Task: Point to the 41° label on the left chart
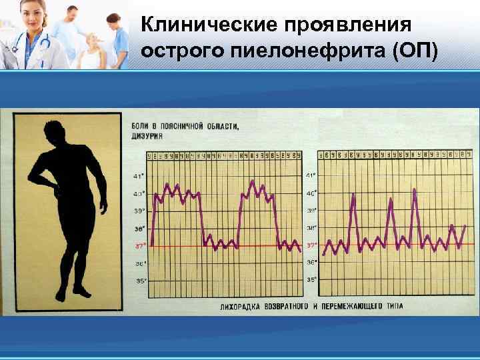tap(139, 176)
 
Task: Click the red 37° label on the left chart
tap(139, 245)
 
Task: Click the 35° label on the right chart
tap(311, 280)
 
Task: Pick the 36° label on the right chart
tap(311, 263)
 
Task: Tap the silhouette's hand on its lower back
tap(57, 191)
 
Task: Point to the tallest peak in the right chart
tap(415, 190)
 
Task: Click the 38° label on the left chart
tap(139, 228)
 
